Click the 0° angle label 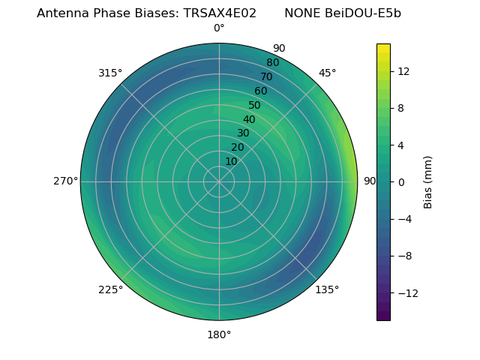pos(219,28)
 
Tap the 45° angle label pos(327,73)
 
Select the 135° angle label pos(327,289)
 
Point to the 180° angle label pos(219,334)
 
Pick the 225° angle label pos(110,289)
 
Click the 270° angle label pos(66,181)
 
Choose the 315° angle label pos(110,73)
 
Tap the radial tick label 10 pos(231,161)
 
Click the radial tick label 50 pos(255,106)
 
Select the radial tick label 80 pos(272,63)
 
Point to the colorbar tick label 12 pos(403,71)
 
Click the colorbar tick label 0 pos(400,182)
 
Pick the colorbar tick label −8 pos(403,256)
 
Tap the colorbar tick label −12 pos(406,292)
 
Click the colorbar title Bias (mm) pos(428,182)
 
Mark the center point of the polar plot pos(219,181)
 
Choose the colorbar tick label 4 pos(400,145)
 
